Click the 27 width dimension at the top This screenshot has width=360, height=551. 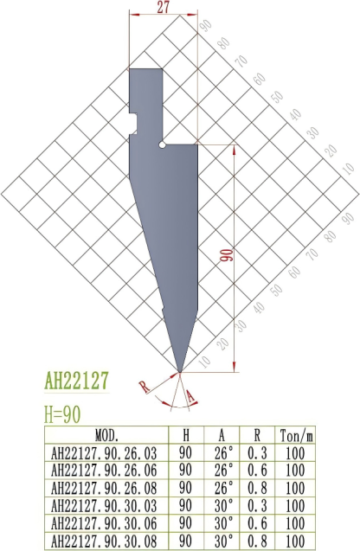(x=163, y=8)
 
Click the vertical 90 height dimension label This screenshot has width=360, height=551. (x=227, y=257)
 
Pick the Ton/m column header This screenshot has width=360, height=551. (x=294, y=433)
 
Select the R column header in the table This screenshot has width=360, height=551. (x=257, y=433)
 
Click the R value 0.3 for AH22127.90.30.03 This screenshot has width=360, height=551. (x=257, y=505)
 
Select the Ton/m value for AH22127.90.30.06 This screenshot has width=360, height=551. (x=294, y=523)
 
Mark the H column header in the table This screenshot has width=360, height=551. (x=185, y=433)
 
